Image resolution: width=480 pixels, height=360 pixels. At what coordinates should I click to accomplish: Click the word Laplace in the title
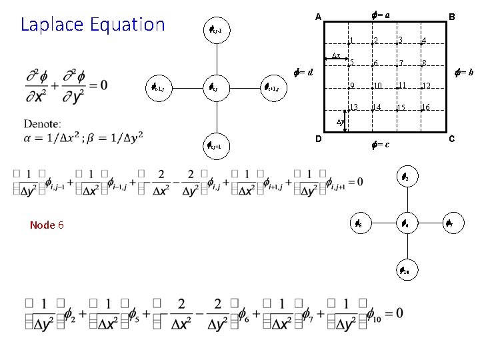51,25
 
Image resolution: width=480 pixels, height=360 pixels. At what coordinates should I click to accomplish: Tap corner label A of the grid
318,17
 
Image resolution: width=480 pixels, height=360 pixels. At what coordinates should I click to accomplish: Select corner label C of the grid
451,139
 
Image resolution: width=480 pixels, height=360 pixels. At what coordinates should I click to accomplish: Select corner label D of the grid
318,139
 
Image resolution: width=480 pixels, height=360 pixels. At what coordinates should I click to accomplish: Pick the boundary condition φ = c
379,144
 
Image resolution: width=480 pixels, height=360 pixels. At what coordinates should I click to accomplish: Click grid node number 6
375,65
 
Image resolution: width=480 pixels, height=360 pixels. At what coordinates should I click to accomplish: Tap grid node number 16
425,107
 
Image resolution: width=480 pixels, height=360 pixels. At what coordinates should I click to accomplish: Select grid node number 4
423,42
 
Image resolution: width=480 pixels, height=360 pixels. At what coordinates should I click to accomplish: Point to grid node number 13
353,107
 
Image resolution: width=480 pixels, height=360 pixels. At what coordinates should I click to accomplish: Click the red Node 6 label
47,225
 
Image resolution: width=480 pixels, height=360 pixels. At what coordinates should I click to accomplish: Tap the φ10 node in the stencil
405,271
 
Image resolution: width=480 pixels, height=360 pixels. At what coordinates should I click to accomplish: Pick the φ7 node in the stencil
450,225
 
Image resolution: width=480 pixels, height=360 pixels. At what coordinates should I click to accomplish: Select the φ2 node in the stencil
405,177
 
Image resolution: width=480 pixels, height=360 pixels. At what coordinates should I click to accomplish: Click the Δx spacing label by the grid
337,55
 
